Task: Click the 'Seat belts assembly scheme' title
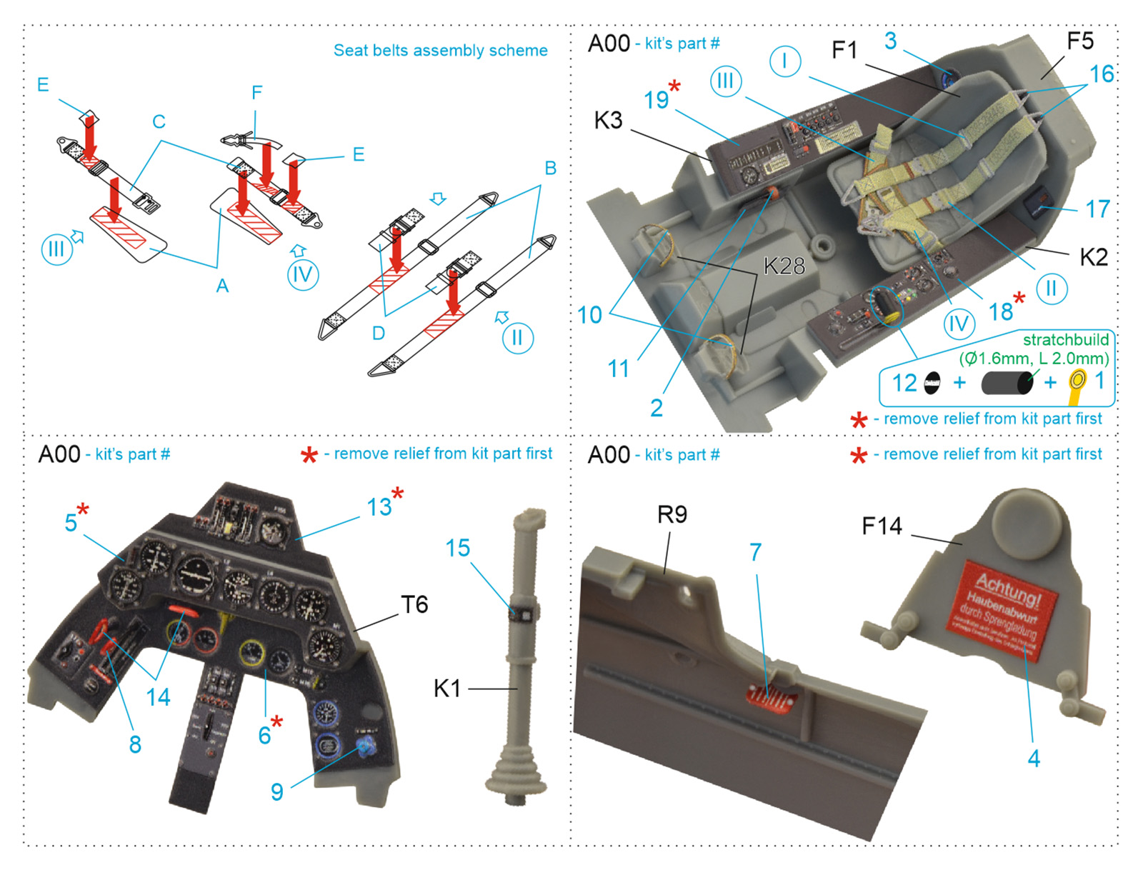click(x=440, y=51)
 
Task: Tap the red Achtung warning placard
click(x=1003, y=608)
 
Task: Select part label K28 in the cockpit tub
click(x=784, y=266)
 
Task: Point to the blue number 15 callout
click(x=457, y=549)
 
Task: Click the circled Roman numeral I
click(x=784, y=61)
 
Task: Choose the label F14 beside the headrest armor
click(x=882, y=526)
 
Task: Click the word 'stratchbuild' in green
click(x=1065, y=340)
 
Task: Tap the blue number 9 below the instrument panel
click(x=276, y=791)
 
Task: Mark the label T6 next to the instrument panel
click(x=414, y=605)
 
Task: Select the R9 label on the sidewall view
click(x=672, y=514)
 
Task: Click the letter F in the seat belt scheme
click(x=256, y=93)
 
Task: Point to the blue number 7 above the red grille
click(x=755, y=551)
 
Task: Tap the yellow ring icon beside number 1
click(x=1077, y=381)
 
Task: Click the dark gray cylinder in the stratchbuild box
click(x=1007, y=383)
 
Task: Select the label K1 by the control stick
click(x=447, y=689)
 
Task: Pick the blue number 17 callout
click(x=1097, y=209)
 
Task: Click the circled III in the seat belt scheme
click(x=56, y=250)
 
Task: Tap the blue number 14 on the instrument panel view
click(x=158, y=696)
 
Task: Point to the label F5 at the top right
click(x=1079, y=41)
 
